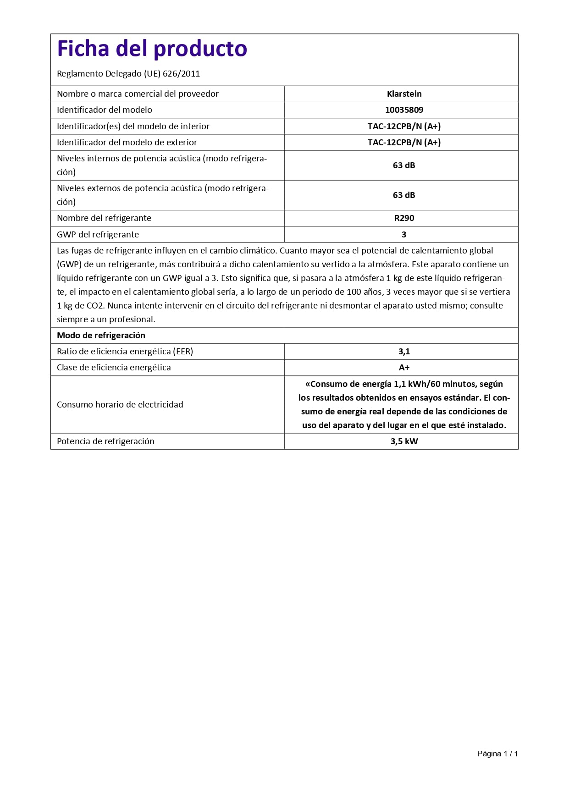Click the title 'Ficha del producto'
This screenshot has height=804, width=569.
pos(152,49)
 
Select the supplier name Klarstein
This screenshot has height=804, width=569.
pos(404,94)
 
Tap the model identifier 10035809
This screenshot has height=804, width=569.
pos(404,110)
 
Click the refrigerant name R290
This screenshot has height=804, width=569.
pos(404,218)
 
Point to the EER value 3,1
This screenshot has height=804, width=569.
pos(404,352)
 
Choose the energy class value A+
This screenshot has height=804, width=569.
pos(404,368)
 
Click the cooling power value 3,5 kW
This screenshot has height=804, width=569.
pos(404,441)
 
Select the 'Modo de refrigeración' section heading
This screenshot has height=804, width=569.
pos(101,336)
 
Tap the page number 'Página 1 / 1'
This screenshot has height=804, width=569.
pos(497,754)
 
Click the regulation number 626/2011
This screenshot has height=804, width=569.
pos(181,74)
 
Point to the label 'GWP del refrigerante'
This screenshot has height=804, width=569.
pos(98,235)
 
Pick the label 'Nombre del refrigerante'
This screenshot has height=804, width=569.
pos(104,218)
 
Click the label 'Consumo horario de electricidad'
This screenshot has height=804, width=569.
pos(120,405)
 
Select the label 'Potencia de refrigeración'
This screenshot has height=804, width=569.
pos(105,441)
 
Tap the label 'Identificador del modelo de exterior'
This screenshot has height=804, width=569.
pos(127,143)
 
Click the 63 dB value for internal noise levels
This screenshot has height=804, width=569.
pos(404,165)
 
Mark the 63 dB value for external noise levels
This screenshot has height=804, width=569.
pos(404,195)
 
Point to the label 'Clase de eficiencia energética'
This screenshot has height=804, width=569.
pos(114,368)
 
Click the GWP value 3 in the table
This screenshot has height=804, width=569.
pos(404,235)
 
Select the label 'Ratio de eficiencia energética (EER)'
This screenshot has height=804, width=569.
pos(125,352)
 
